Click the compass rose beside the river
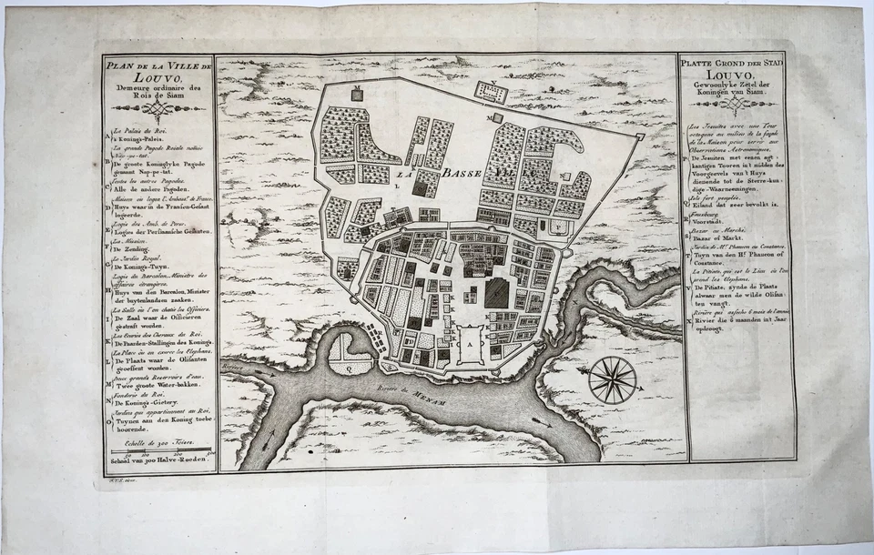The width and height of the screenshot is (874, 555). tap(612, 379)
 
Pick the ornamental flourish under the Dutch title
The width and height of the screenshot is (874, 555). tap(731, 106)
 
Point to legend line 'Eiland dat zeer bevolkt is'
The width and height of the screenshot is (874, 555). tap(736, 205)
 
